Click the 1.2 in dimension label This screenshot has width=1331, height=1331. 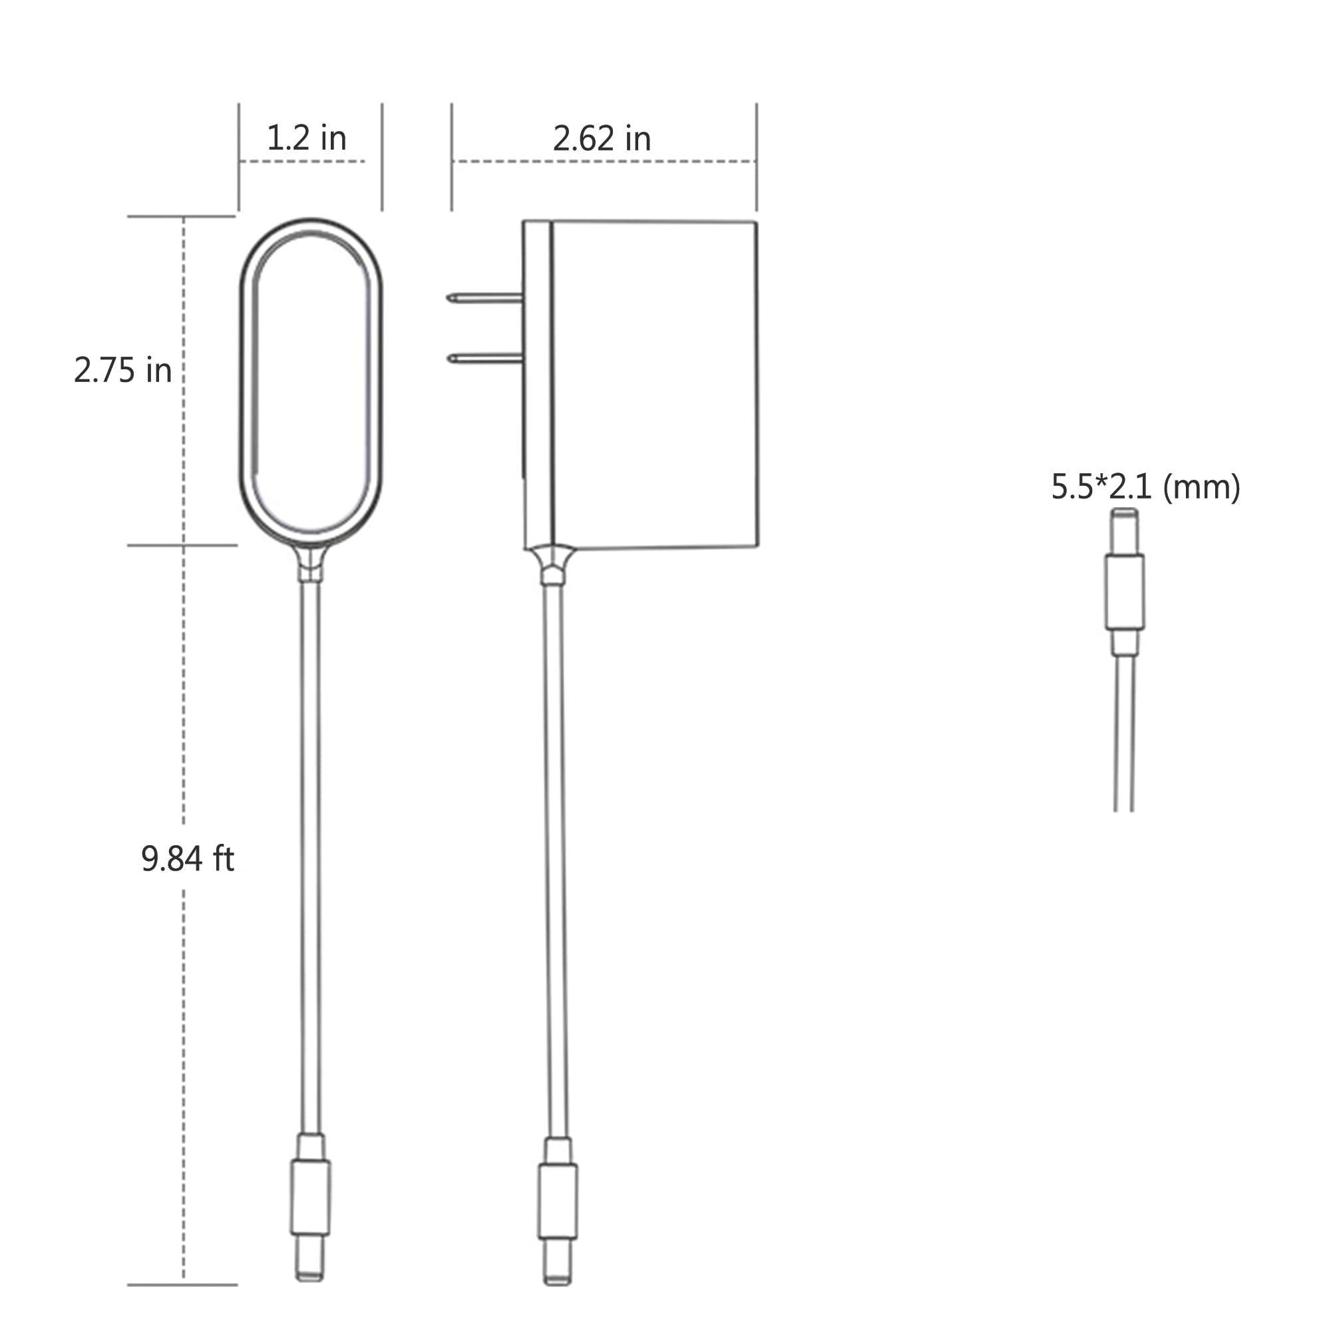[306, 138]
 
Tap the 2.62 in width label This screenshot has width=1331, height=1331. [602, 139]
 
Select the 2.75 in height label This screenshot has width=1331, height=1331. [122, 371]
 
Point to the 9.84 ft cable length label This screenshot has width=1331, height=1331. [188, 859]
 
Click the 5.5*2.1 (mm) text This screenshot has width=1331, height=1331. [1145, 487]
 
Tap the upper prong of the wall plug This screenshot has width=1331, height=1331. [484, 297]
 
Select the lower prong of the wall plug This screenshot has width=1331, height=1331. [484, 358]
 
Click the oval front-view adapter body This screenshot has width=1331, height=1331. [311, 383]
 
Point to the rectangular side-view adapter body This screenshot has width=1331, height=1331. [654, 385]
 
